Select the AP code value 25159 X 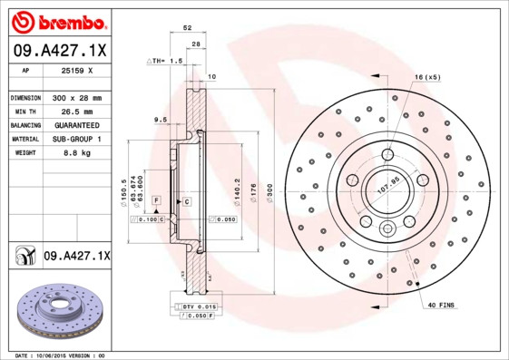(x=76, y=69)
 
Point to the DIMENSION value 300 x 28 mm (x=76, y=96)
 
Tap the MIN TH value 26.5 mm (x=76, y=111)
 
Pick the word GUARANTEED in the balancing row (x=76, y=124)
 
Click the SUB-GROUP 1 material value (x=76, y=139)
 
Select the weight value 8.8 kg (x=76, y=153)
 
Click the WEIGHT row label (x=24, y=153)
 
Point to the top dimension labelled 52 (x=188, y=29)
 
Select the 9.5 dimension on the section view (x=161, y=119)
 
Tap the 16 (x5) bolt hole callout (x=427, y=77)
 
